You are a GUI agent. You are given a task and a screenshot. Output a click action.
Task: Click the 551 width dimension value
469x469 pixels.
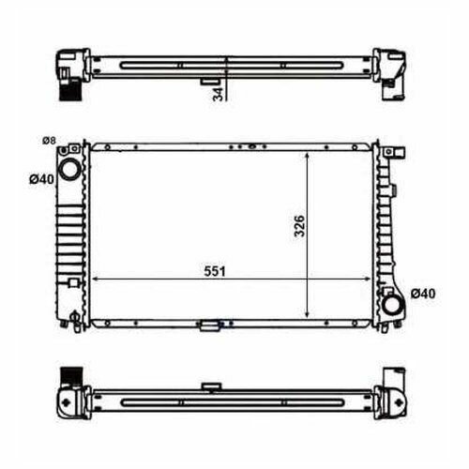point(215,271)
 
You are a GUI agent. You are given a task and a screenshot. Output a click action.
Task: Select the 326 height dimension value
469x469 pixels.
point(299,226)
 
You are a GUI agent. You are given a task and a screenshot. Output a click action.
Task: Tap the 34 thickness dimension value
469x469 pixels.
point(219,94)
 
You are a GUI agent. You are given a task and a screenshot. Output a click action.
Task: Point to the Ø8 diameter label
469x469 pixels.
point(49,141)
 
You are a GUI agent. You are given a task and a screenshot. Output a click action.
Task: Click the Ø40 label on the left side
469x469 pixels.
point(41,179)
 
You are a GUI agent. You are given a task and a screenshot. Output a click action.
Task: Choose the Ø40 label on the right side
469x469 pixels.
point(423,294)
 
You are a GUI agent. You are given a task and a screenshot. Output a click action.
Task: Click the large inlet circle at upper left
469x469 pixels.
point(69,169)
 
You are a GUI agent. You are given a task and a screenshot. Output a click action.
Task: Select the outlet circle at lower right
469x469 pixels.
point(393,305)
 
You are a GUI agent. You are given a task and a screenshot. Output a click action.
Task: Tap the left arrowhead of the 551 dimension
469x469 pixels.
point(96,279)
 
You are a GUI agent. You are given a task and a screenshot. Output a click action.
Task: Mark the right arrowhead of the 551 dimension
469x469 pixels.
point(367,279)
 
